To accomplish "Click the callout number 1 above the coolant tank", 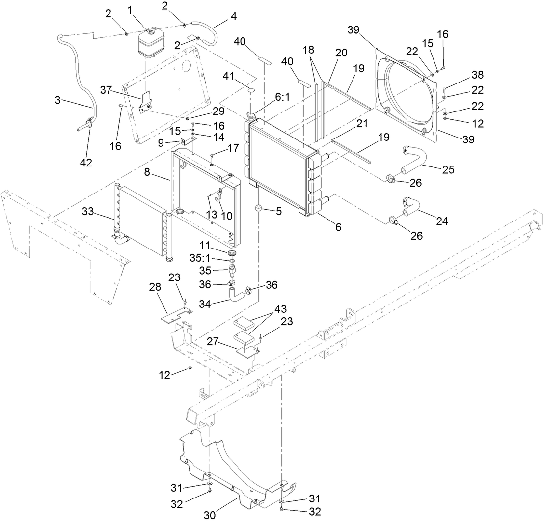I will pyautogui.click(x=130, y=9).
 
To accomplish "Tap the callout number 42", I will pyautogui.click(x=86, y=162).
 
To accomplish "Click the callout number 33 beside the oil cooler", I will pyautogui.click(x=88, y=212).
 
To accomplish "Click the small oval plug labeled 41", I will pyautogui.click(x=250, y=91).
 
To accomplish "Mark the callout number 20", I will pyautogui.click(x=341, y=52).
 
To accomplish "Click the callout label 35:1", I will pyautogui.click(x=200, y=258).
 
